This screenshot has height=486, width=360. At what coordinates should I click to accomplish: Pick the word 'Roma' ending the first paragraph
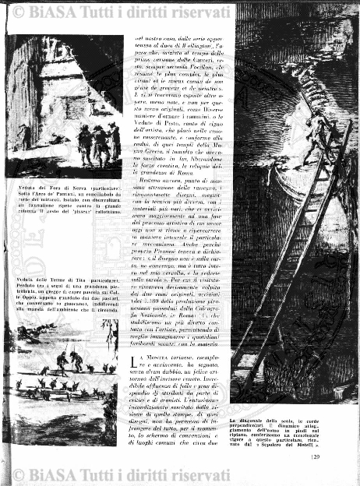pyautogui.click(x=168, y=171)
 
